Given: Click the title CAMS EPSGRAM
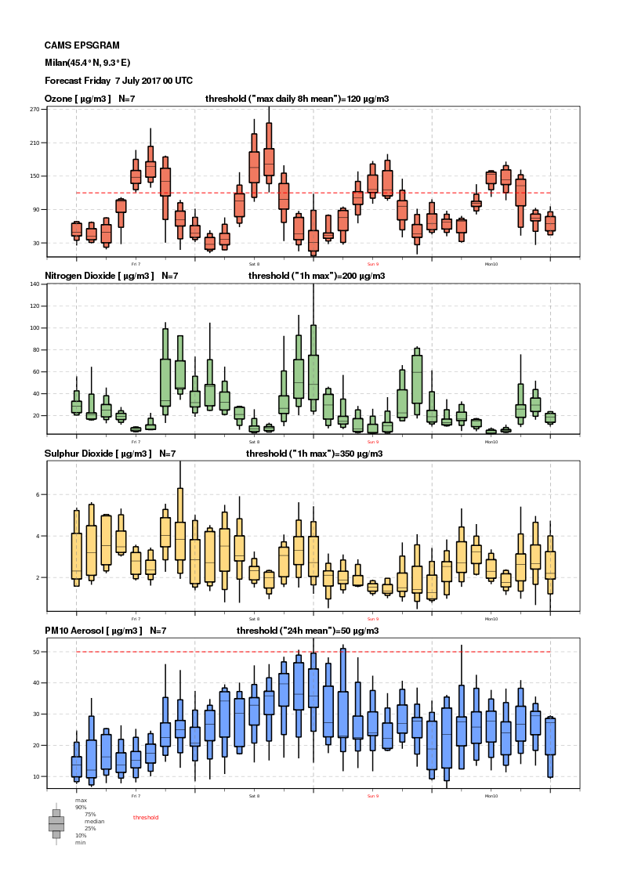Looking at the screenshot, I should point(82,46).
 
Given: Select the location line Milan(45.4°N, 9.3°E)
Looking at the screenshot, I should point(87,63).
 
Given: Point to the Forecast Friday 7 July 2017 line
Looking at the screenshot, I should point(118,81).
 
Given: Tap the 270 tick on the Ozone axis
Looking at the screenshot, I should point(34,110).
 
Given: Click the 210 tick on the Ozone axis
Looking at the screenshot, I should point(34,143).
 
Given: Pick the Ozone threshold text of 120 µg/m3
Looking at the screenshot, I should point(297,99).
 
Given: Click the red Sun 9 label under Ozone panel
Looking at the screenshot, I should point(372,264).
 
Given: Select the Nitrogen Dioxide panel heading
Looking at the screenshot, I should point(111,276).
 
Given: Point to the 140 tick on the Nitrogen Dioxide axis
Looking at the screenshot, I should point(34,284).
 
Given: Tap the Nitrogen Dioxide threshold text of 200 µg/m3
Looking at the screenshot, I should point(317,276).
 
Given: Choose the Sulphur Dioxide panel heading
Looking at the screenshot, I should point(110,453).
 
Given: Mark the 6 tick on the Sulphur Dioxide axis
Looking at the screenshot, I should point(37,495).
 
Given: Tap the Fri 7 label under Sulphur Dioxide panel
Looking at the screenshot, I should point(136,619).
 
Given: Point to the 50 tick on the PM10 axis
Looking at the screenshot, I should point(36,652).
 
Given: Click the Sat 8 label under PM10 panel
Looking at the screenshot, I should point(254,796).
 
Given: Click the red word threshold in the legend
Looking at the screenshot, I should point(146,817).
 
